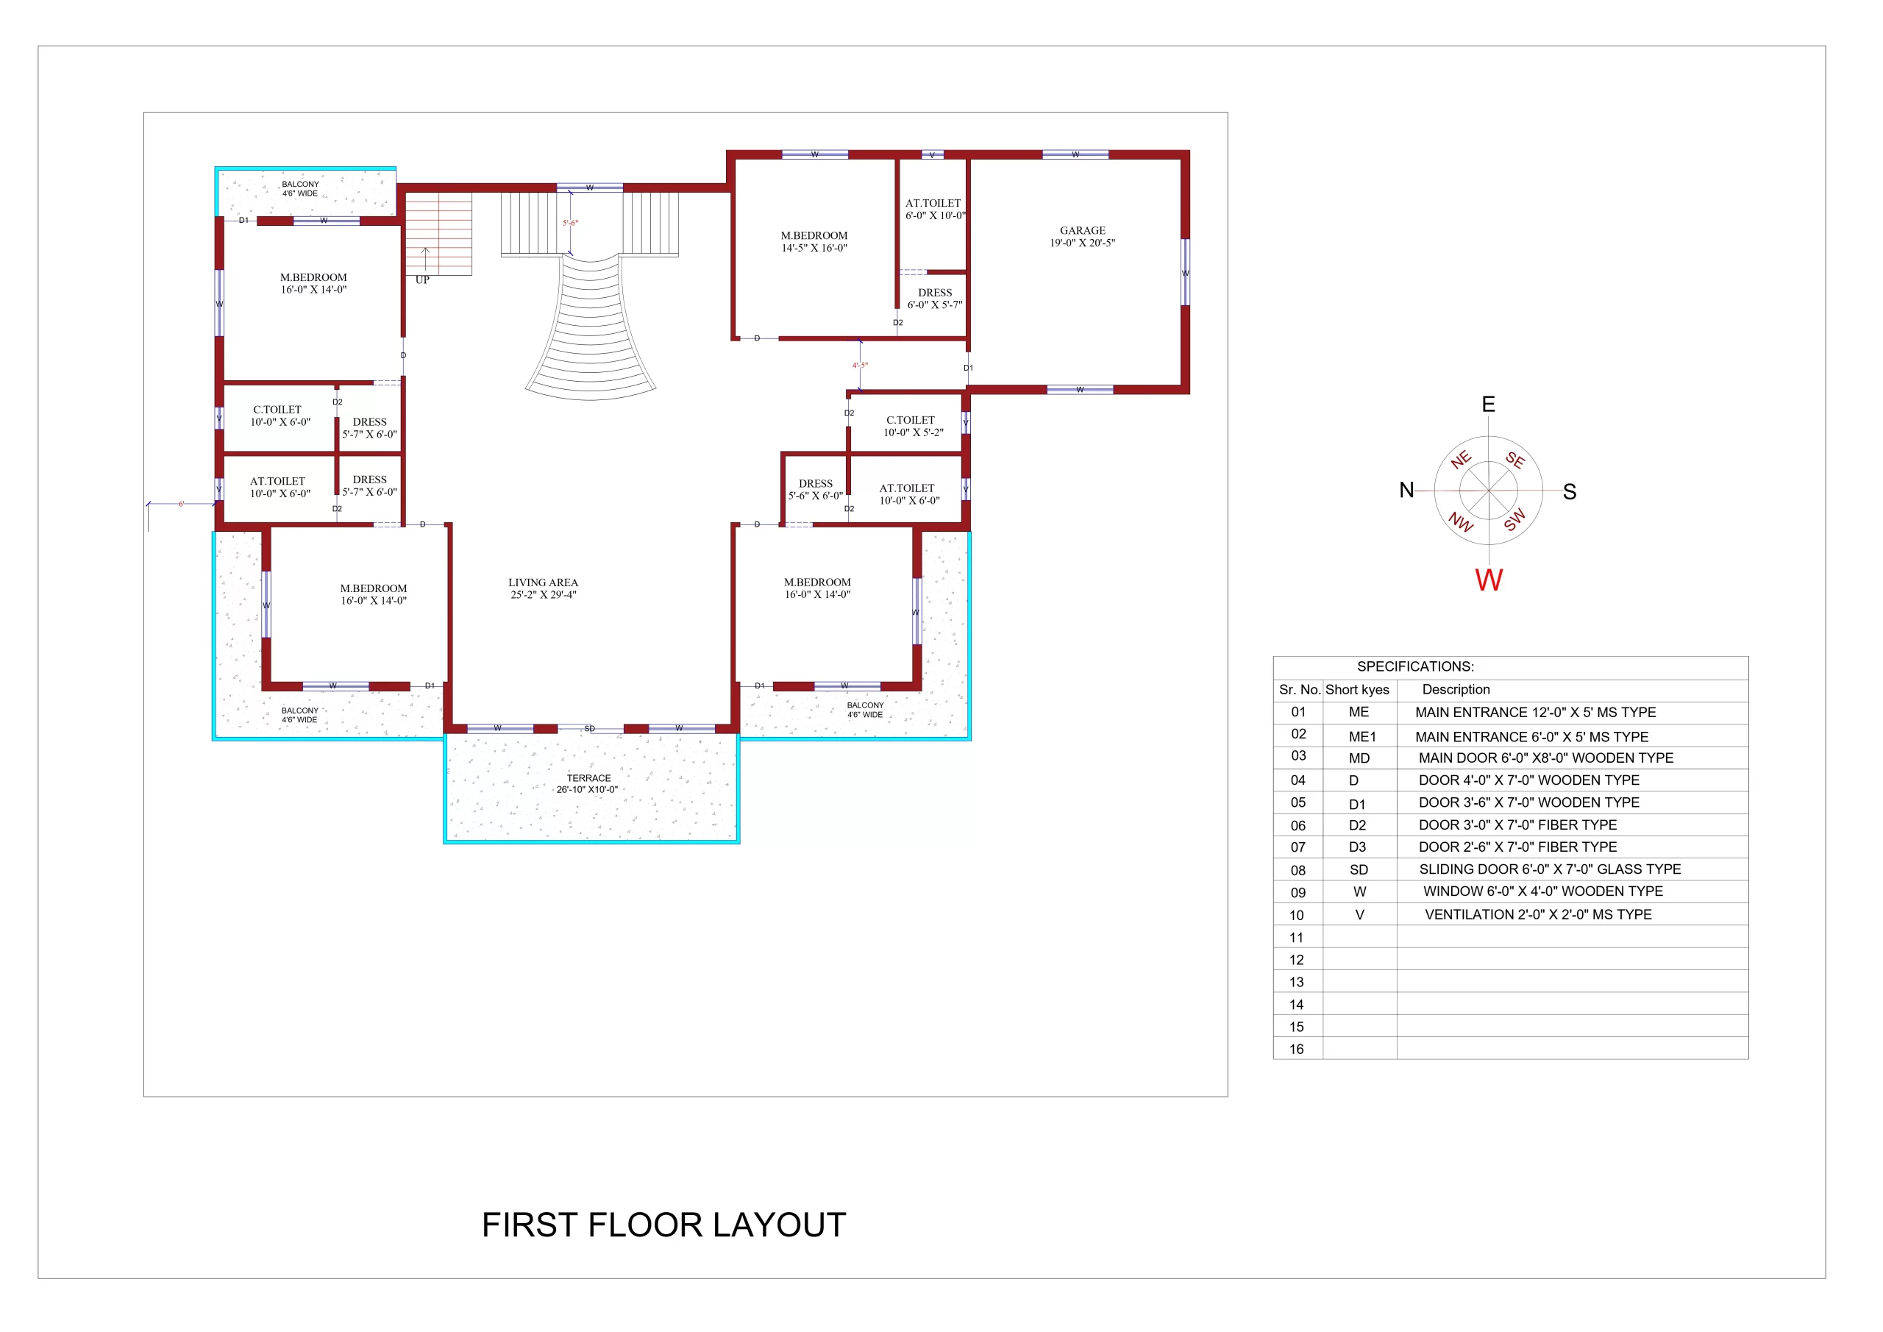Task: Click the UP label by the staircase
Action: coord(422,279)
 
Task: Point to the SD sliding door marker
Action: coord(589,728)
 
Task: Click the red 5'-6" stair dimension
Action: coord(570,222)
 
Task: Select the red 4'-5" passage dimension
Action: coord(860,365)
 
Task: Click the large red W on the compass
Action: coord(1489,580)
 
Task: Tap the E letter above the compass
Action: coord(1489,404)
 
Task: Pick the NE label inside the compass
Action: coord(1461,459)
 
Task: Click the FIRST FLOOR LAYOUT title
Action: coord(663,1225)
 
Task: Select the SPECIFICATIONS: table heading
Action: coord(1415,666)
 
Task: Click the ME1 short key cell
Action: coord(1362,736)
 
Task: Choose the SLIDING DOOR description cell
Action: coord(1550,869)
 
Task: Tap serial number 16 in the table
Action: coord(1296,1049)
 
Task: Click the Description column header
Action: coord(1456,689)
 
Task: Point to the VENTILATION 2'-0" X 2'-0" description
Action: coord(1538,913)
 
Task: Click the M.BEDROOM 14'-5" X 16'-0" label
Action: coord(814,241)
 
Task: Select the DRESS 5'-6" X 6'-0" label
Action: coord(815,490)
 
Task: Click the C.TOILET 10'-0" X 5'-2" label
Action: coord(913,426)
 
